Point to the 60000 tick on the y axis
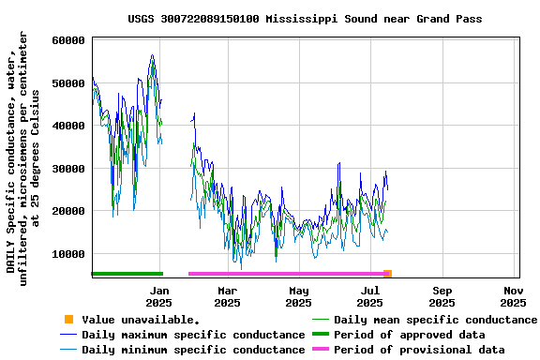[68, 40]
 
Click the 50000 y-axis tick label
[68, 83]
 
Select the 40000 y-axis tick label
[68, 126]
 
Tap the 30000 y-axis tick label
[68, 169]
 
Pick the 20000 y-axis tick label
[68, 211]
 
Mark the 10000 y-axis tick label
[68, 254]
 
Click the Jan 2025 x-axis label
[158, 296]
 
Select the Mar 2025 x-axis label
[227, 296]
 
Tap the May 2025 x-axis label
[298, 296]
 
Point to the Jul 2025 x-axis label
[370, 296]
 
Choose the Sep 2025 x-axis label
[442, 296]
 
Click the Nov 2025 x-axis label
[513, 296]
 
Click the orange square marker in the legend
[67, 320]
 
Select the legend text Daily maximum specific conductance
[193, 335]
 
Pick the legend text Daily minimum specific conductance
[193, 350]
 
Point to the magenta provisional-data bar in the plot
[286, 274]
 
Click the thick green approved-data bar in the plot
[127, 274]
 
